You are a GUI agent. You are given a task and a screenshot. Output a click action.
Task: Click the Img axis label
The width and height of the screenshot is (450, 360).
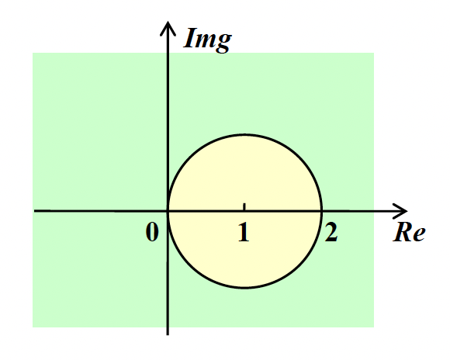[x=207, y=40]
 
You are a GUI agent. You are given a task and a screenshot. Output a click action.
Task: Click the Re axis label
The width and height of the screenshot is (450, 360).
[x=409, y=232]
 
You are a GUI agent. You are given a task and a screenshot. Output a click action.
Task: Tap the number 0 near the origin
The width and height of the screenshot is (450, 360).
[x=152, y=232]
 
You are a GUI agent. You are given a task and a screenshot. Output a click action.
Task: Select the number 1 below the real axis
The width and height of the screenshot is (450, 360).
[x=244, y=232]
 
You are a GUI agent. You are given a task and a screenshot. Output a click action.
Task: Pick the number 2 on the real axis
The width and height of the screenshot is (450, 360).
[x=331, y=232]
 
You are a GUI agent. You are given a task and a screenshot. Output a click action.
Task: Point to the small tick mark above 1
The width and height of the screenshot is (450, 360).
[x=244, y=206]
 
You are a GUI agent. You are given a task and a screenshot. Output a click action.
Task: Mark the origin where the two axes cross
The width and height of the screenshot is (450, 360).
[x=168, y=211]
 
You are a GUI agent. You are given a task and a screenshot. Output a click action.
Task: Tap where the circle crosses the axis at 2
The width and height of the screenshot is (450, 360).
[x=321, y=211]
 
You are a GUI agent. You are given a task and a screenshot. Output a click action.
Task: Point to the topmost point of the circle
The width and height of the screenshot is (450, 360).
[x=244, y=134]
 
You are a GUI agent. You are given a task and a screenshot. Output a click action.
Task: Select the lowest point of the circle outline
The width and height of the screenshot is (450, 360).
[x=244, y=287]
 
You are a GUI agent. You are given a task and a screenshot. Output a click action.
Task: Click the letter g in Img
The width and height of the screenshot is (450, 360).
[x=223, y=43]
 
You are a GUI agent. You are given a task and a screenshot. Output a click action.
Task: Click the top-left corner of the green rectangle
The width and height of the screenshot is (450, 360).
[x=33, y=53]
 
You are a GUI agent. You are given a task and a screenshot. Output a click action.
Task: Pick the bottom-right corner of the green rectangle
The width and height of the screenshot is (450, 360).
[x=374, y=327]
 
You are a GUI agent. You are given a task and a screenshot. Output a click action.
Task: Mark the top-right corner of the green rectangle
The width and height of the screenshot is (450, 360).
[x=374, y=53]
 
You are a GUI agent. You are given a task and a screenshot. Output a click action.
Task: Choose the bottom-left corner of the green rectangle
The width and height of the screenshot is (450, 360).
[x=33, y=327]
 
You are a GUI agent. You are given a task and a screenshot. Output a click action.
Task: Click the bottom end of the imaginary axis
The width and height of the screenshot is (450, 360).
[x=168, y=334]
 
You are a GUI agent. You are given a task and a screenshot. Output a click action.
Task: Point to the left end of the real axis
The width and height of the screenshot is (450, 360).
[x=34, y=211]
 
